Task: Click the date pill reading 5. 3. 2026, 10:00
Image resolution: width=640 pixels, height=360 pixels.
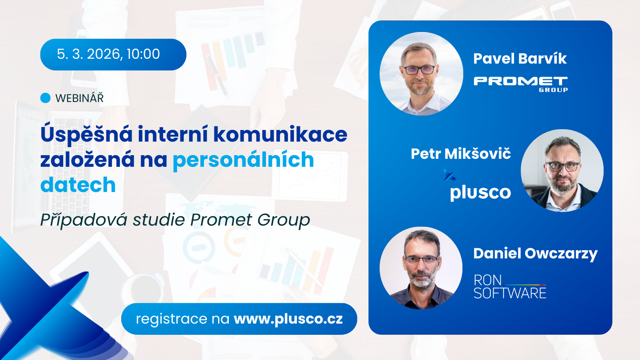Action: (113, 54)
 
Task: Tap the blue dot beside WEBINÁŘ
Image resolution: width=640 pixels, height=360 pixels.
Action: (46, 98)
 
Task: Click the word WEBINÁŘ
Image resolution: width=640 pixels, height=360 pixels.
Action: (80, 98)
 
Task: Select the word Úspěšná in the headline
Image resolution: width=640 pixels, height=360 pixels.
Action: (86, 135)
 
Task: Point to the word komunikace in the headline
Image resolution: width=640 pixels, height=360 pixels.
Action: (280, 134)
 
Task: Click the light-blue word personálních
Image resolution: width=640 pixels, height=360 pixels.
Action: (244, 160)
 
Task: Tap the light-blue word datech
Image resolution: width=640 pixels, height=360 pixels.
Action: (78, 185)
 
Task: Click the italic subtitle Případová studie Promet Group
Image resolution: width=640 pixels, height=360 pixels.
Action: (175, 220)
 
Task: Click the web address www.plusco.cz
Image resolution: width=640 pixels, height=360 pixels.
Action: (288, 319)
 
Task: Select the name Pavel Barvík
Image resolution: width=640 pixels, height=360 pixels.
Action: (520, 58)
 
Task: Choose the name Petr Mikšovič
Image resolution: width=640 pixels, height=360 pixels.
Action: (460, 154)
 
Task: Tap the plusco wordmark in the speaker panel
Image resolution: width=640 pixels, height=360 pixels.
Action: (480, 192)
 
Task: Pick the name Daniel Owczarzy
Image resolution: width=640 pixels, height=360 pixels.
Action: (535, 254)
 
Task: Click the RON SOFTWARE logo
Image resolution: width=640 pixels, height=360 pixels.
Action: (510, 287)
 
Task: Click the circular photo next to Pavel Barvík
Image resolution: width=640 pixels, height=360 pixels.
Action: (421, 74)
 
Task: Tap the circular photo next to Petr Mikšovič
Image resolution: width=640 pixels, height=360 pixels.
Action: (562, 170)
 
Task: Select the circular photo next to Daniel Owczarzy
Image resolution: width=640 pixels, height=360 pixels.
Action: (421, 268)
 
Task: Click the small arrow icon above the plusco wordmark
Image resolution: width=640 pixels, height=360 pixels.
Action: (450, 175)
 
